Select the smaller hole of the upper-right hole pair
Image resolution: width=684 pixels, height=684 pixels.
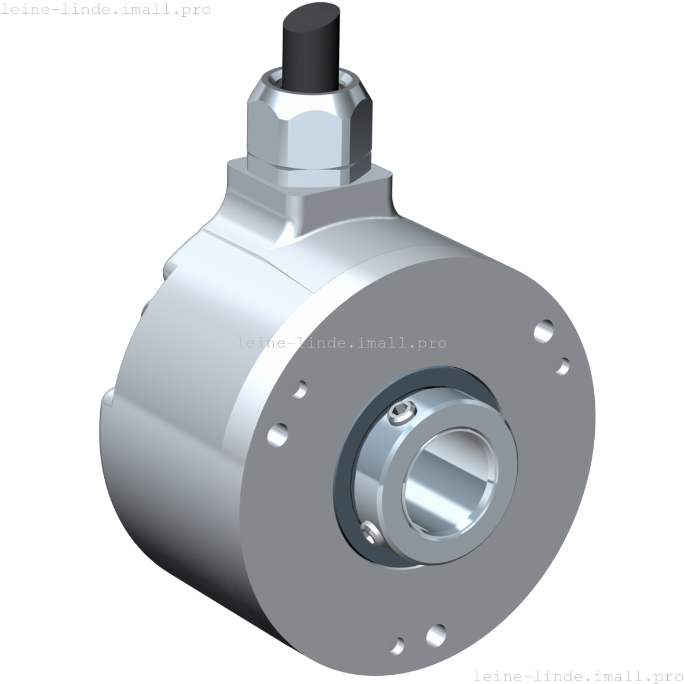tap(562, 366)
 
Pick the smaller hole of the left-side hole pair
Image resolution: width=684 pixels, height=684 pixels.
tap(300, 389)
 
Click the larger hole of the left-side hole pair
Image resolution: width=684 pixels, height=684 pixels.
tap(278, 434)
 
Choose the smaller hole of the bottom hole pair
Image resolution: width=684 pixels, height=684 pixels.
tap(397, 645)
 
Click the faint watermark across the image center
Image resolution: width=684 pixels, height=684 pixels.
tap(342, 343)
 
